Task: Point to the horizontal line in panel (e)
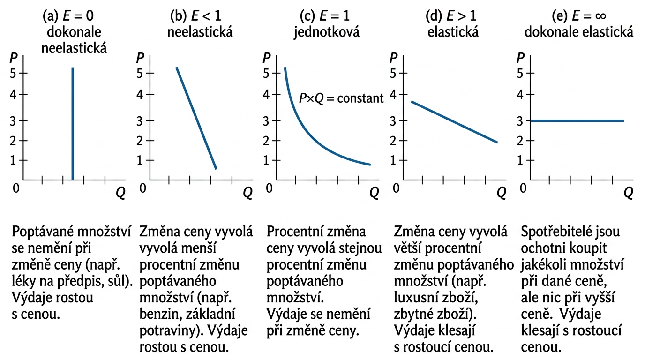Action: coord(577,120)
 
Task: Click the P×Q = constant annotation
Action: coord(341,98)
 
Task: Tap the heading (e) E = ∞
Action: coord(579,16)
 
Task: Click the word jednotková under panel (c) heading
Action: coord(326,32)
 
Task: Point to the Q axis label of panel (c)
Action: coord(374,193)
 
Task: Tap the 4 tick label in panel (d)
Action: coord(394,94)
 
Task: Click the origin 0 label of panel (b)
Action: coord(143,188)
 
